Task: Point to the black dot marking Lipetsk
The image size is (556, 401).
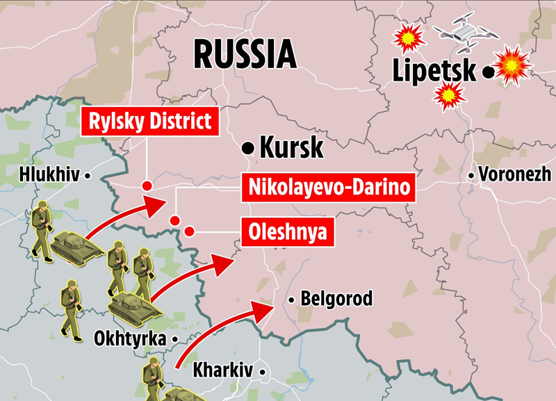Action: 489,71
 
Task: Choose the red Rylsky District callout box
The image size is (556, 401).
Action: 151,122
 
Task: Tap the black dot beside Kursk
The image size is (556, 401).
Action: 247,147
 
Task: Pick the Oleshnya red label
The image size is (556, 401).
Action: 286,231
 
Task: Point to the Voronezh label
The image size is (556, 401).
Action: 515,174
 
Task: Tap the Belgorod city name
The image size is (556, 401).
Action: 336,300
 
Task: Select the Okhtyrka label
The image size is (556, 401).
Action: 130,340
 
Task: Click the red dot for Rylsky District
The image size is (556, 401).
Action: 147,186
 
